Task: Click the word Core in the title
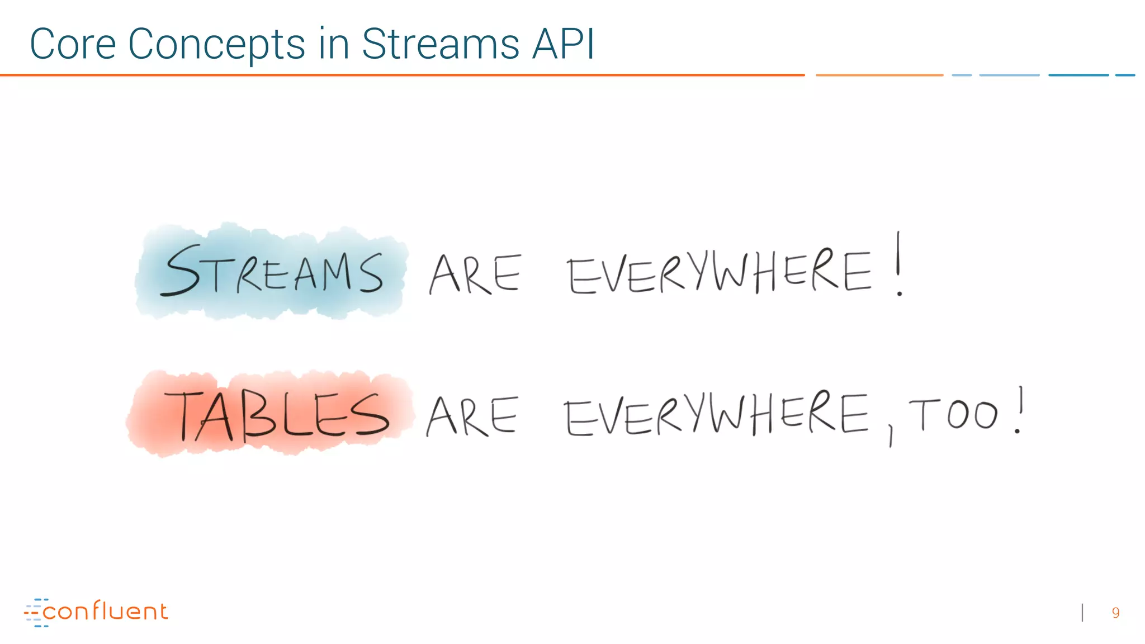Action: tap(73, 44)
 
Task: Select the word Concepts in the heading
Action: tap(217, 44)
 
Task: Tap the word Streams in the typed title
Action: tap(441, 44)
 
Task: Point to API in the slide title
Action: tap(563, 44)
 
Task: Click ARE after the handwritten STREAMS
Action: tap(475, 274)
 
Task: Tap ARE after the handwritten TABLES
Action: tap(473, 416)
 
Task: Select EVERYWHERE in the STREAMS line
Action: tap(719, 272)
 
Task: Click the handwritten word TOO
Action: tap(954, 415)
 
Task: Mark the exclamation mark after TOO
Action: tap(1019, 411)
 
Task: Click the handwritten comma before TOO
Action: tap(891, 436)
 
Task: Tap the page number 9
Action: tap(1115, 613)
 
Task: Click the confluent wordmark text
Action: tap(105, 612)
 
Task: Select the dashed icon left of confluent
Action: tap(35, 613)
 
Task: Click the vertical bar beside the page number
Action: tap(1083, 613)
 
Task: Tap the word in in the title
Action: tap(334, 44)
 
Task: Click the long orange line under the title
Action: tap(403, 75)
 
